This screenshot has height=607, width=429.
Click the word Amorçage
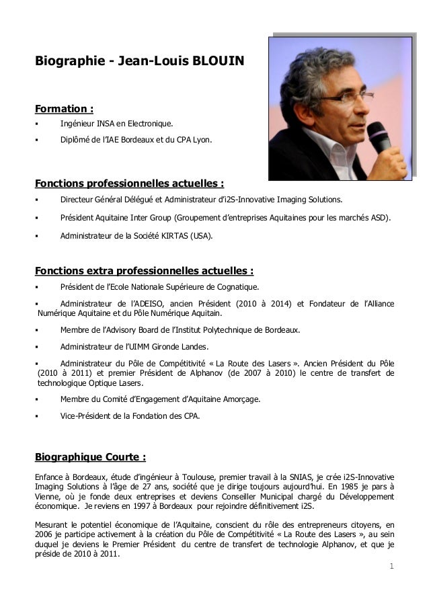point(239,399)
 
